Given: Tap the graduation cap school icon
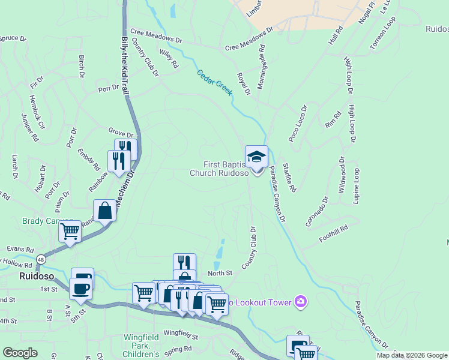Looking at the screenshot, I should click(x=256, y=157).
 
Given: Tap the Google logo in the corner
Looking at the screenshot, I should click(x=20, y=353).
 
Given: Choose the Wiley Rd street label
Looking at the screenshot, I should click(x=169, y=58).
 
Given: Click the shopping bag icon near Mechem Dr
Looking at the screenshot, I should click(x=104, y=211).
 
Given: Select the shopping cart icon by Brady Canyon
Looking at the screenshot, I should click(x=70, y=232).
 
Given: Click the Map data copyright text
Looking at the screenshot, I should click(x=412, y=355).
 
